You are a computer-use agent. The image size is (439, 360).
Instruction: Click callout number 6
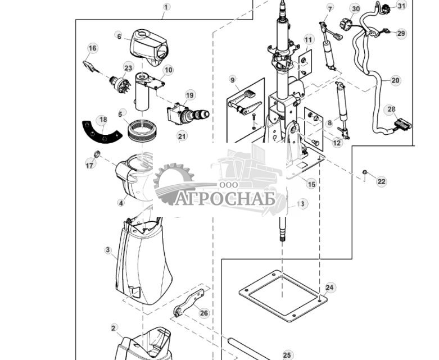120,37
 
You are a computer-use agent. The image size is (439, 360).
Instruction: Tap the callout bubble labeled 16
92,48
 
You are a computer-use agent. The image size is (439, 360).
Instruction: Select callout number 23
128,68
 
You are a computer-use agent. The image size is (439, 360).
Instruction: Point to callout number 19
189,95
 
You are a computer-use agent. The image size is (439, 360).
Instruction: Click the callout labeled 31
401,6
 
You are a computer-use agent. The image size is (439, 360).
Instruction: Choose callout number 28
391,110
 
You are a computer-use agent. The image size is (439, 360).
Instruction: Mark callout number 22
381,181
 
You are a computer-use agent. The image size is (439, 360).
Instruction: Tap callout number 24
330,288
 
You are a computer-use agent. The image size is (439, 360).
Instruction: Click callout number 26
204,313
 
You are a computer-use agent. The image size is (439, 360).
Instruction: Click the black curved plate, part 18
101,134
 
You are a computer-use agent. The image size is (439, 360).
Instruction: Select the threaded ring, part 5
142,130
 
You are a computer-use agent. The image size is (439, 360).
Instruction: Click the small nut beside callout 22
365,172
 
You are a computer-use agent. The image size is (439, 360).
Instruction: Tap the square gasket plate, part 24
283,295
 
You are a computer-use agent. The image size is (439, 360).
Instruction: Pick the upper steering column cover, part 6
149,47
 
